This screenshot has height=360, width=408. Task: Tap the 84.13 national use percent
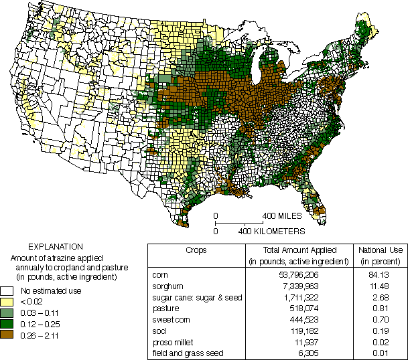[x=380, y=275]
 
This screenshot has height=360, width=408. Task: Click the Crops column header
[x=195, y=250]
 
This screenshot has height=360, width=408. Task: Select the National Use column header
[x=380, y=254]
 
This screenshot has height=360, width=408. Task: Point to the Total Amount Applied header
[x=297, y=254]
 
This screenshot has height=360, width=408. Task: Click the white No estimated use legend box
[x=7, y=291]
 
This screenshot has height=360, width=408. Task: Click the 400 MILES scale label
[x=281, y=216]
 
